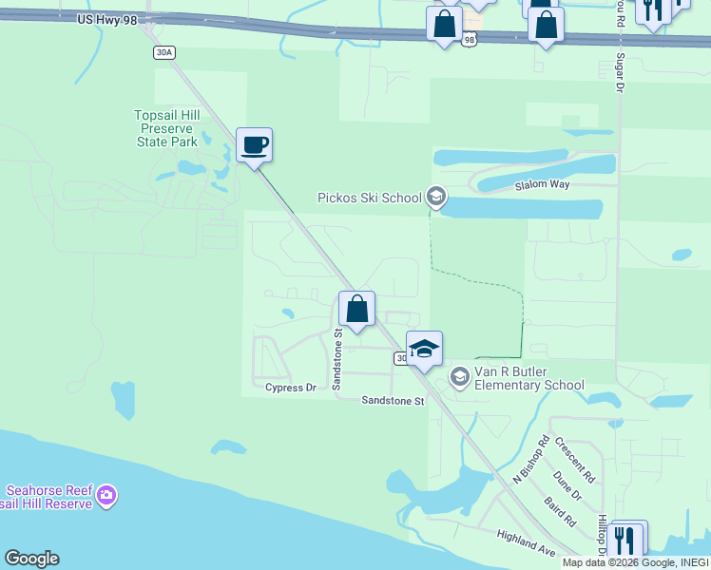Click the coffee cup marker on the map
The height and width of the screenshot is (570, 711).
(x=254, y=146)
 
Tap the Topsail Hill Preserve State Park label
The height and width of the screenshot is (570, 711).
(x=166, y=128)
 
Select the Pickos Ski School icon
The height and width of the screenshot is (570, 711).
(x=436, y=197)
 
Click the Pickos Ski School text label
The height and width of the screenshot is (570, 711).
(x=369, y=198)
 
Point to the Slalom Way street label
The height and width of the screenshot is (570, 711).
(x=542, y=184)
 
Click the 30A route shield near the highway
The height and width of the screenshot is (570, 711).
(x=164, y=52)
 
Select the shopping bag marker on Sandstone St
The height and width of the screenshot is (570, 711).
(x=356, y=310)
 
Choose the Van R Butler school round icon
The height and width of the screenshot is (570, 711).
(x=460, y=377)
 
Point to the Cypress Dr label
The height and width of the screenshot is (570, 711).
(x=291, y=388)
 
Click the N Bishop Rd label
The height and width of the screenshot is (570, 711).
(x=531, y=460)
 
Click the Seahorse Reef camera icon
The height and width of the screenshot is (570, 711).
(x=106, y=494)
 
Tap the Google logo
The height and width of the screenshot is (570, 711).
(x=31, y=559)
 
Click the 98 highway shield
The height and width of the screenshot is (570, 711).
(x=470, y=40)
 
